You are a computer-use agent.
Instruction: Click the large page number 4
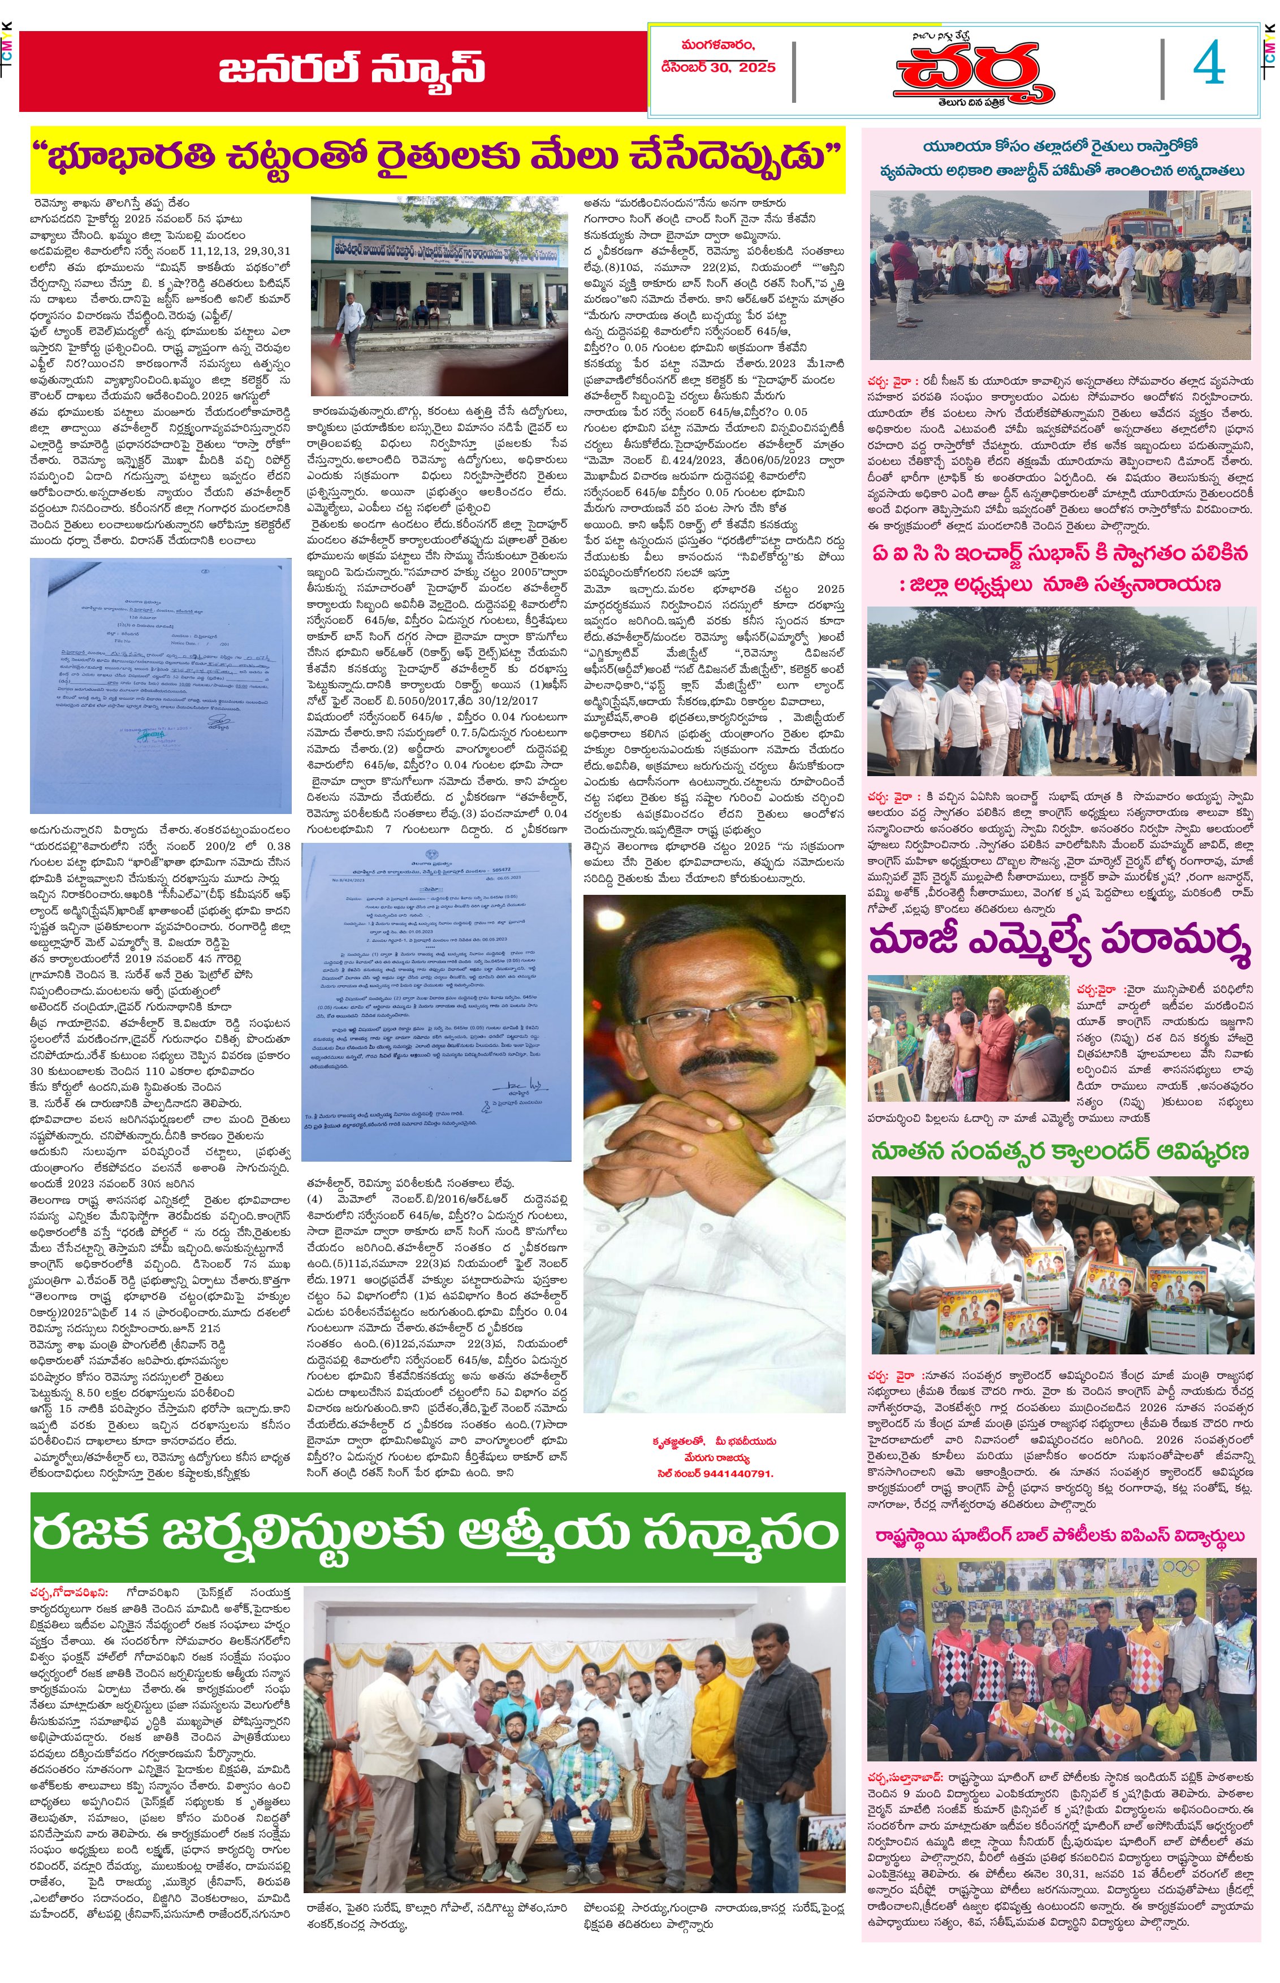(1209, 65)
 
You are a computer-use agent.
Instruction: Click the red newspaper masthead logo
(972, 73)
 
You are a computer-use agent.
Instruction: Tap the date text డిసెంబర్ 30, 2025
(718, 67)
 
